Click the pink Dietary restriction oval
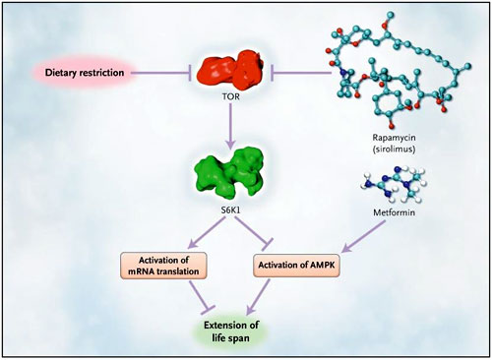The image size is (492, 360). [85, 73]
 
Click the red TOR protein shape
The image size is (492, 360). [230, 71]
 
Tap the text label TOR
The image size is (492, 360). [230, 96]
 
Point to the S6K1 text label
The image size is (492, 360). [230, 210]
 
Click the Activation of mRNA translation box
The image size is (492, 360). [163, 266]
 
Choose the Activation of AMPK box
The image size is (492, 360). [296, 265]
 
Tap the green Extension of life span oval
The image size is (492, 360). [230, 331]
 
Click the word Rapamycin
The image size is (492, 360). [394, 138]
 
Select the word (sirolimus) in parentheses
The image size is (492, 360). [394, 150]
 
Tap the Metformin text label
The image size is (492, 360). [394, 212]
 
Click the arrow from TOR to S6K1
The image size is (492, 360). [230, 126]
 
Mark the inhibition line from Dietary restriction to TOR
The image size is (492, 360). [161, 73]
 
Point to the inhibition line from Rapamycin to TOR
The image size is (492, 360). [301, 73]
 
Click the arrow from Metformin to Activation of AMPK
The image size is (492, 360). [363, 236]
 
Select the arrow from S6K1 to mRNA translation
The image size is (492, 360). [207, 232]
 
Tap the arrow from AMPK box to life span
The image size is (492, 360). [258, 296]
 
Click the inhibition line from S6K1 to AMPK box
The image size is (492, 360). [254, 232]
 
